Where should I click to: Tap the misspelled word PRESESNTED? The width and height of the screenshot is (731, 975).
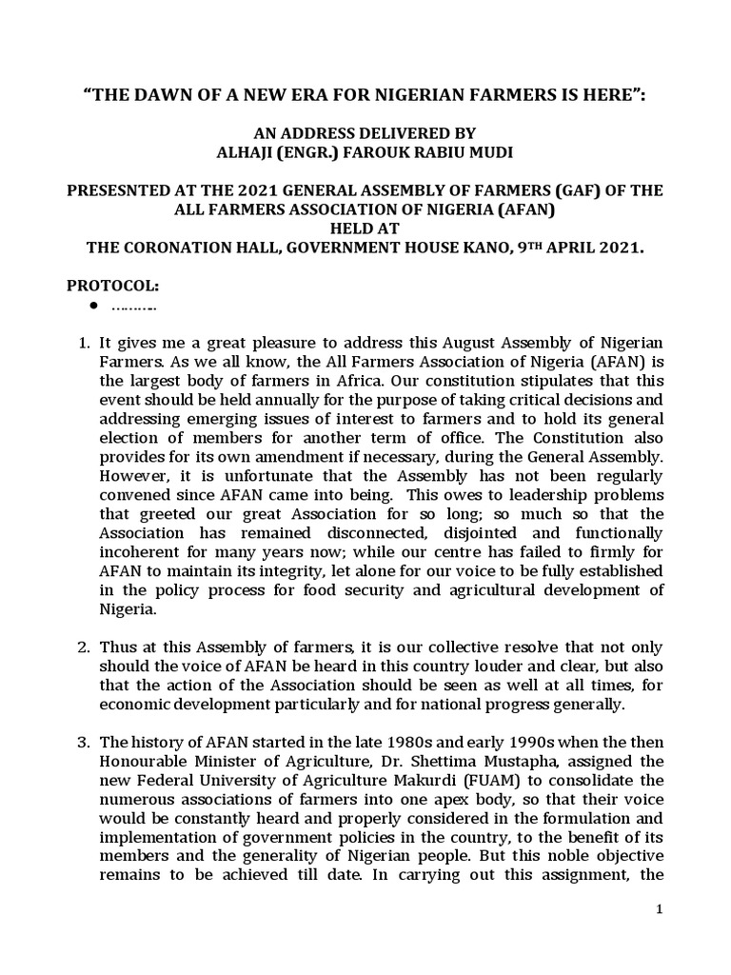coord(121,190)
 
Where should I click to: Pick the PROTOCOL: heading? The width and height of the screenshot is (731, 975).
coord(107,287)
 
